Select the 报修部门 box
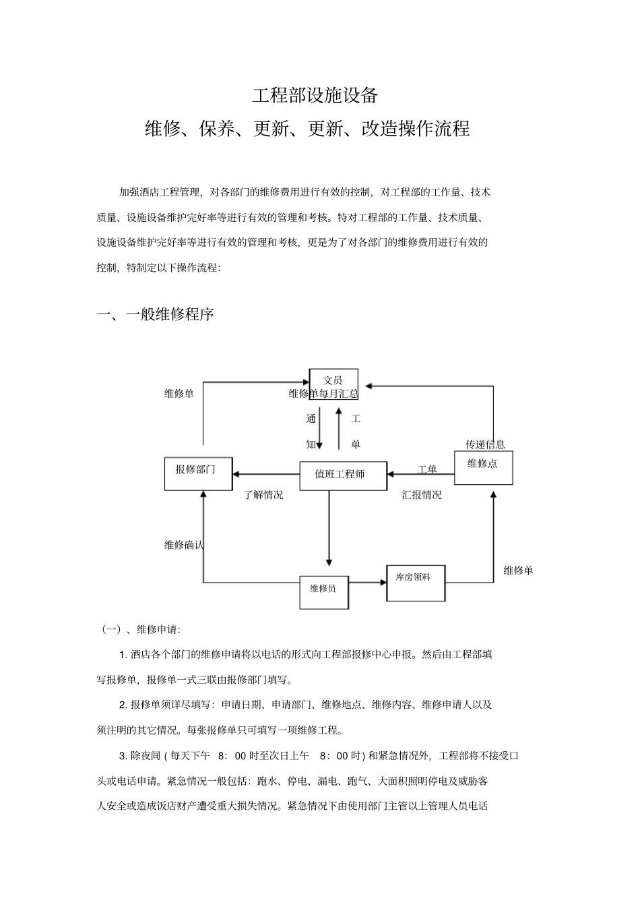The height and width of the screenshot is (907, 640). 199,473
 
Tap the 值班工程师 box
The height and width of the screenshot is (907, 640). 343,475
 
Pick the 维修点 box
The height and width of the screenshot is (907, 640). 483,468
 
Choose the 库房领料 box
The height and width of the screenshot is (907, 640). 415,583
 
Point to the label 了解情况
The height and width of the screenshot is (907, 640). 263,495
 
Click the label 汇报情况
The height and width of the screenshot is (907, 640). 422,495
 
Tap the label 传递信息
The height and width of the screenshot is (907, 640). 485,444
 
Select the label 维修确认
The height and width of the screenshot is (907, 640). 184,545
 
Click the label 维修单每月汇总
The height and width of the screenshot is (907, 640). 323,394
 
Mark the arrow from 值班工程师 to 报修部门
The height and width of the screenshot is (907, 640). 266,475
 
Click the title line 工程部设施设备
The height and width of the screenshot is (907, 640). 315,95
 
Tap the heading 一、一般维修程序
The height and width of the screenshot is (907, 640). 156,314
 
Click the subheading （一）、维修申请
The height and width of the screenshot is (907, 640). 140,630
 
